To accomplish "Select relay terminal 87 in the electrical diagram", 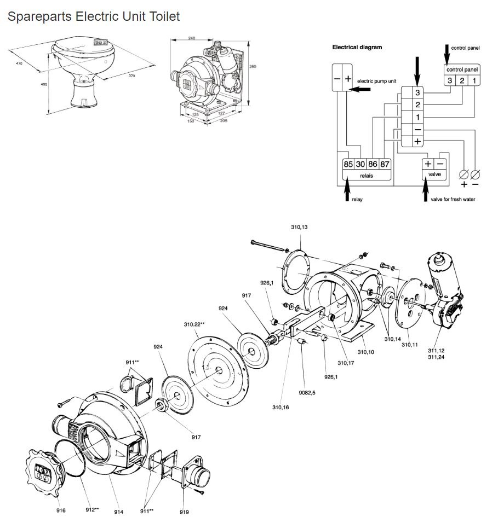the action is click(x=385, y=164).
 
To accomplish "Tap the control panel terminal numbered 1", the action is click(x=474, y=81).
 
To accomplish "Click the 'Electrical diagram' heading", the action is click(x=357, y=47).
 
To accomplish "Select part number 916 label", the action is click(x=61, y=510).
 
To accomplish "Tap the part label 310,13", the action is click(x=299, y=226).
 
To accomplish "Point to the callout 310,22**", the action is click(x=194, y=324).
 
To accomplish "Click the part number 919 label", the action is click(x=184, y=512).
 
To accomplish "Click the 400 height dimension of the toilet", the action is click(x=43, y=84).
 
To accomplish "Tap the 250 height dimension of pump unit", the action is click(x=253, y=66).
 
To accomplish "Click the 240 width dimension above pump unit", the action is click(x=192, y=38).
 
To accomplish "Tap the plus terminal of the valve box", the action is click(x=428, y=164).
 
